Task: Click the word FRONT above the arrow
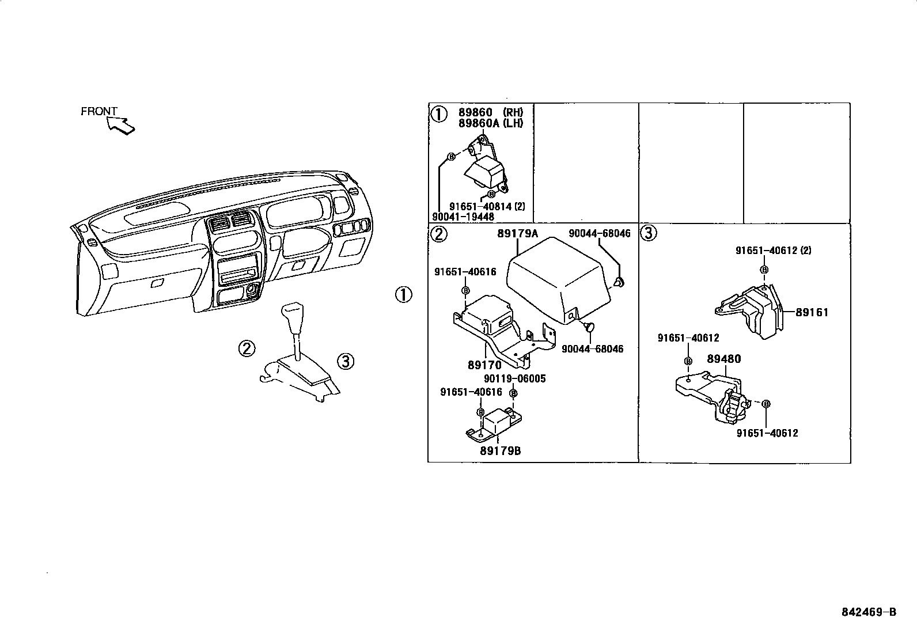[x=98, y=111]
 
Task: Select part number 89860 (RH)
[x=491, y=113]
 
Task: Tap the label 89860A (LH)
[x=491, y=123]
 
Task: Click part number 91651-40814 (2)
[x=487, y=206]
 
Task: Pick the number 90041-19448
[x=463, y=217]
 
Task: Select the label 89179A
[x=517, y=233]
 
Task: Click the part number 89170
[x=484, y=365]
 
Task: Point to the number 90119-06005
[x=514, y=378]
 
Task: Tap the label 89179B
[x=500, y=450]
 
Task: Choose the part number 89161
[x=812, y=313]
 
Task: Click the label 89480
[x=723, y=359]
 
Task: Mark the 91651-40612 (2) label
[x=774, y=251]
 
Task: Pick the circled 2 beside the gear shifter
[x=247, y=348]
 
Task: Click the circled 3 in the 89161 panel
[x=649, y=233]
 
